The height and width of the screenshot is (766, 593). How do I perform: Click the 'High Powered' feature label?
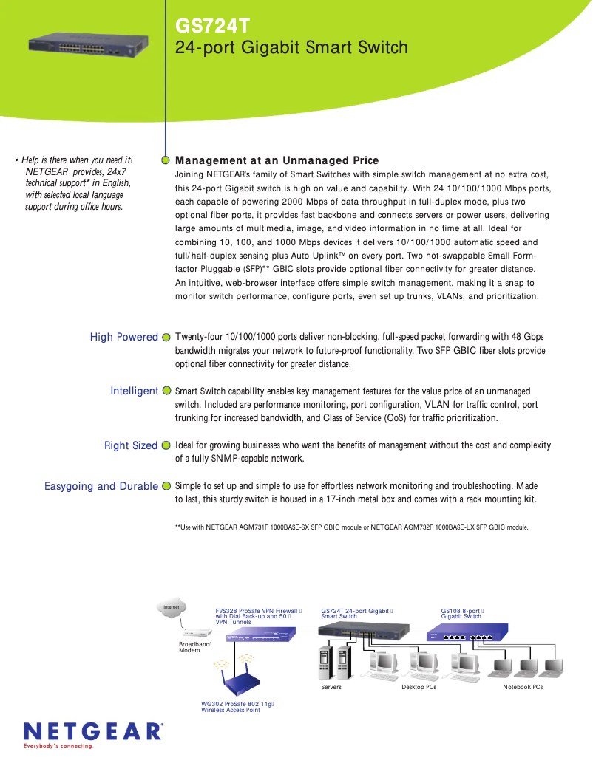pyautogui.click(x=123, y=337)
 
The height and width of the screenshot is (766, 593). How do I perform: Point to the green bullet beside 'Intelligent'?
pyautogui.click(x=166, y=391)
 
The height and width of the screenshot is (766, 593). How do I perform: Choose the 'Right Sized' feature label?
pyautogui.click(x=130, y=445)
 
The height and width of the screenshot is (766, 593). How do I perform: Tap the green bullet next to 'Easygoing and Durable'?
pyautogui.click(x=166, y=486)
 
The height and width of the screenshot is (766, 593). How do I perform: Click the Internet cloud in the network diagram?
pyautogui.click(x=171, y=608)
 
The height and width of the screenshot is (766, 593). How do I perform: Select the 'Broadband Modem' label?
pyautogui.click(x=194, y=647)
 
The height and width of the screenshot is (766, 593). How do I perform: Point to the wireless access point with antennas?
pyautogui.click(x=240, y=680)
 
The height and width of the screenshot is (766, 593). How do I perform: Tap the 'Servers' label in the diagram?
pyautogui.click(x=331, y=688)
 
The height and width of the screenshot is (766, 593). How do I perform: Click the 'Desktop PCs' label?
pyautogui.click(x=419, y=688)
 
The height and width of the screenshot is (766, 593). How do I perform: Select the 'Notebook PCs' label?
pyautogui.click(x=523, y=688)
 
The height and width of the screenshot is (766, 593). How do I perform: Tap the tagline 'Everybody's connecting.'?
pyautogui.click(x=59, y=746)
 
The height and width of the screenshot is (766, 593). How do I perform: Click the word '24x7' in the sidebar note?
pyautogui.click(x=115, y=171)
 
